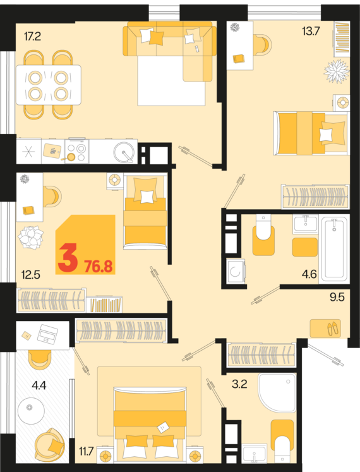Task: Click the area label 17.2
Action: click(x=32, y=37)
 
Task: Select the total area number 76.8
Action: click(x=98, y=265)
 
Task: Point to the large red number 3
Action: click(x=68, y=259)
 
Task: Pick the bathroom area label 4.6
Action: click(x=309, y=274)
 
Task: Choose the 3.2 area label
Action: click(x=240, y=382)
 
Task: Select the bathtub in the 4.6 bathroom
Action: click(x=334, y=249)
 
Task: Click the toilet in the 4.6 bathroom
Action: click(x=262, y=231)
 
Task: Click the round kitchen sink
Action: click(x=124, y=152)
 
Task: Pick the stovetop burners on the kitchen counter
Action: click(x=76, y=152)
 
